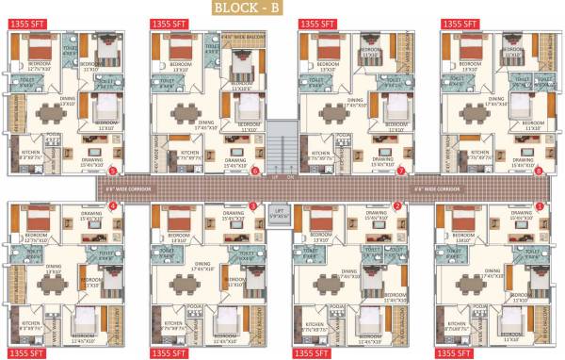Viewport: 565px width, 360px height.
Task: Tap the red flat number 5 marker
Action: pyautogui.click(x=113, y=171)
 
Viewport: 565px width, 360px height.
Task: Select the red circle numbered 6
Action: pyautogui.click(x=255, y=171)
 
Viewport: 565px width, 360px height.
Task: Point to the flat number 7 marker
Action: pyautogui.click(x=400, y=171)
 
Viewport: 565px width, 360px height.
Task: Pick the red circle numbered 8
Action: pyautogui.click(x=539, y=171)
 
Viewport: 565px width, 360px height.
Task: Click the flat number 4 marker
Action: pyautogui.click(x=113, y=205)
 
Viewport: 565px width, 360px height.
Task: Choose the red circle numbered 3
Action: pyautogui.click(x=252, y=205)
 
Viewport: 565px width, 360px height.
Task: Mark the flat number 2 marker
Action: pyautogui.click(x=397, y=205)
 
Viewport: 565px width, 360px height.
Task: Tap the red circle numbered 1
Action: pyautogui.click(x=539, y=205)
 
